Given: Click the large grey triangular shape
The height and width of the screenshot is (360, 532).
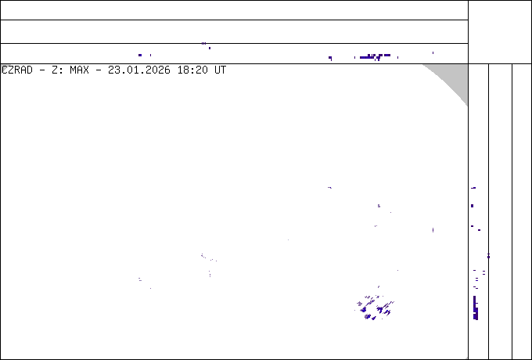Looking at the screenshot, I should point(454,77).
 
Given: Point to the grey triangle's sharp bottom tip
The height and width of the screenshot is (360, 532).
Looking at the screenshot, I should point(467,105).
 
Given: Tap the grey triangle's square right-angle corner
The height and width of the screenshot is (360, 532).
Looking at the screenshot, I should point(466,65).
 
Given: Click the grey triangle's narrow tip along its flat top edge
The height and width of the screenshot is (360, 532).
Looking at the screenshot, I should point(425,65).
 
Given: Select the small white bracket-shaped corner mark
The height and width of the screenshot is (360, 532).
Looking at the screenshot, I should point(4,67).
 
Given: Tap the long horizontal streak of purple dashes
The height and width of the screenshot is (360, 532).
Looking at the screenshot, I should point(376,56).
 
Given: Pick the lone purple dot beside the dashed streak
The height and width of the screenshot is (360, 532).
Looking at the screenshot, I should point(330,57).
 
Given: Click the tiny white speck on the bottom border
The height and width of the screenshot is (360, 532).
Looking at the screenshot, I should point(466,358).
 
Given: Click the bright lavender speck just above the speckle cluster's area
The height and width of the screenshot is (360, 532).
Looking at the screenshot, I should point(379,206).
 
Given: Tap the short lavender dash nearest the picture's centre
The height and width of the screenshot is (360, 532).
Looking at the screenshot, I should point(329,188).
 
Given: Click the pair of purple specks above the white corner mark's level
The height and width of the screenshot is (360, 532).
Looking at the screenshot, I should point(205,44).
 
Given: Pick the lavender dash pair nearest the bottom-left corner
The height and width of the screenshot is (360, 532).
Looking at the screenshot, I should point(140,279).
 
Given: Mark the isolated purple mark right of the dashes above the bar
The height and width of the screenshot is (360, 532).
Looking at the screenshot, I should point(489,256).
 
